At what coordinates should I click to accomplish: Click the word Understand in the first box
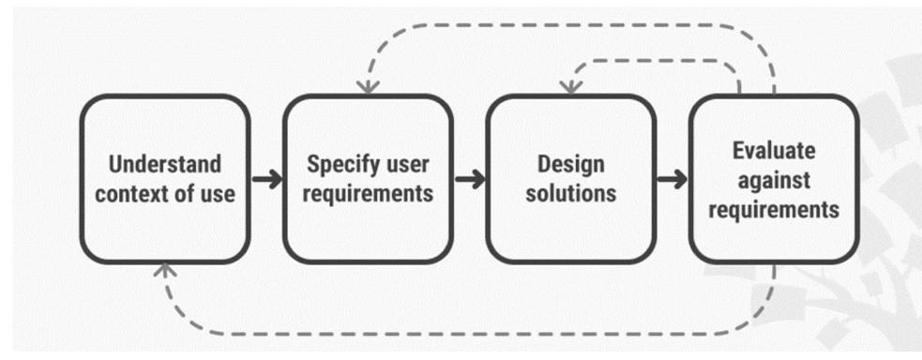(165, 164)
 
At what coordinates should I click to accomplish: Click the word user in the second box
(407, 164)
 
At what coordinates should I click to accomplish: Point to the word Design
(570, 164)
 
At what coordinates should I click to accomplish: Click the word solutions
(570, 194)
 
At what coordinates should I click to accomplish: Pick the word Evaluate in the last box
(774, 150)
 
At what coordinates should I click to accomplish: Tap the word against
(774, 179)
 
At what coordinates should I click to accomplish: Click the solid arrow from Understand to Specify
(266, 179)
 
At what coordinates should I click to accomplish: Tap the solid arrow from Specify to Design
(469, 179)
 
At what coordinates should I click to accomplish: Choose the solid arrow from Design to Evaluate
(672, 179)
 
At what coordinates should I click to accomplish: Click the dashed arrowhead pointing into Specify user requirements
(369, 87)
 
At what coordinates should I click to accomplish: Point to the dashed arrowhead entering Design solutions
(570, 87)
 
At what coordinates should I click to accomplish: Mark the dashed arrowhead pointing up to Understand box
(165, 269)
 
